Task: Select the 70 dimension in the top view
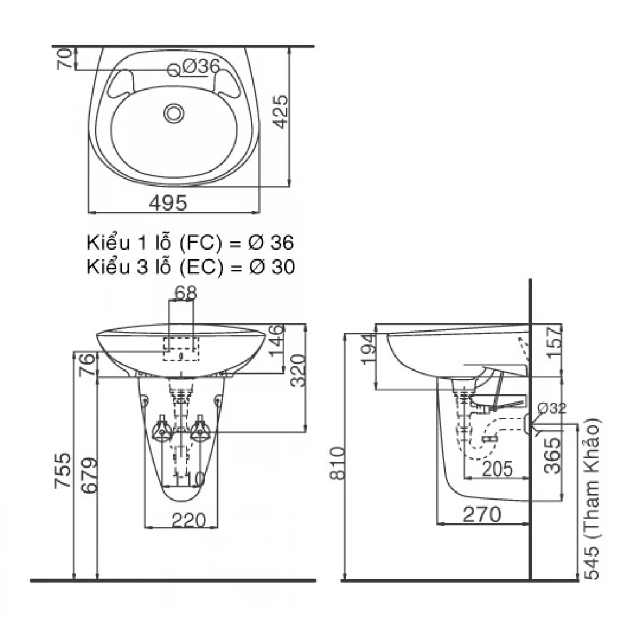67,59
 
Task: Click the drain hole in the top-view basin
173,113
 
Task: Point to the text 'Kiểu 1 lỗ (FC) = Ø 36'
190,241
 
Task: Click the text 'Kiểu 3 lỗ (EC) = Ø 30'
190,266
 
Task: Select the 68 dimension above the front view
186,293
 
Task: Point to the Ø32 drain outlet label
551,408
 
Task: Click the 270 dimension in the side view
481,514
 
